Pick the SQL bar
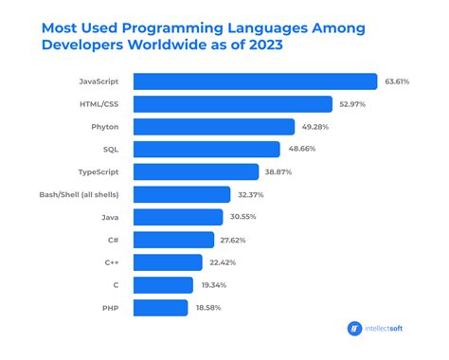point(207,149)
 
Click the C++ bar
point(168,262)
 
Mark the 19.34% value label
point(219,285)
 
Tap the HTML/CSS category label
point(103,103)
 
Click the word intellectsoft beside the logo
point(391,329)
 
